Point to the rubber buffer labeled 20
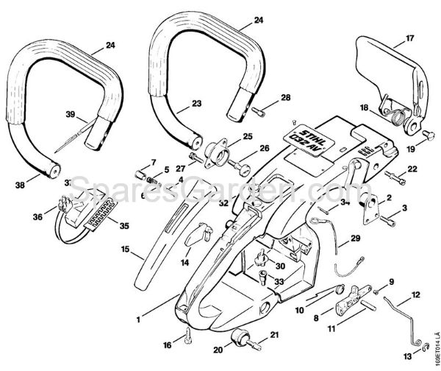[239, 341]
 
